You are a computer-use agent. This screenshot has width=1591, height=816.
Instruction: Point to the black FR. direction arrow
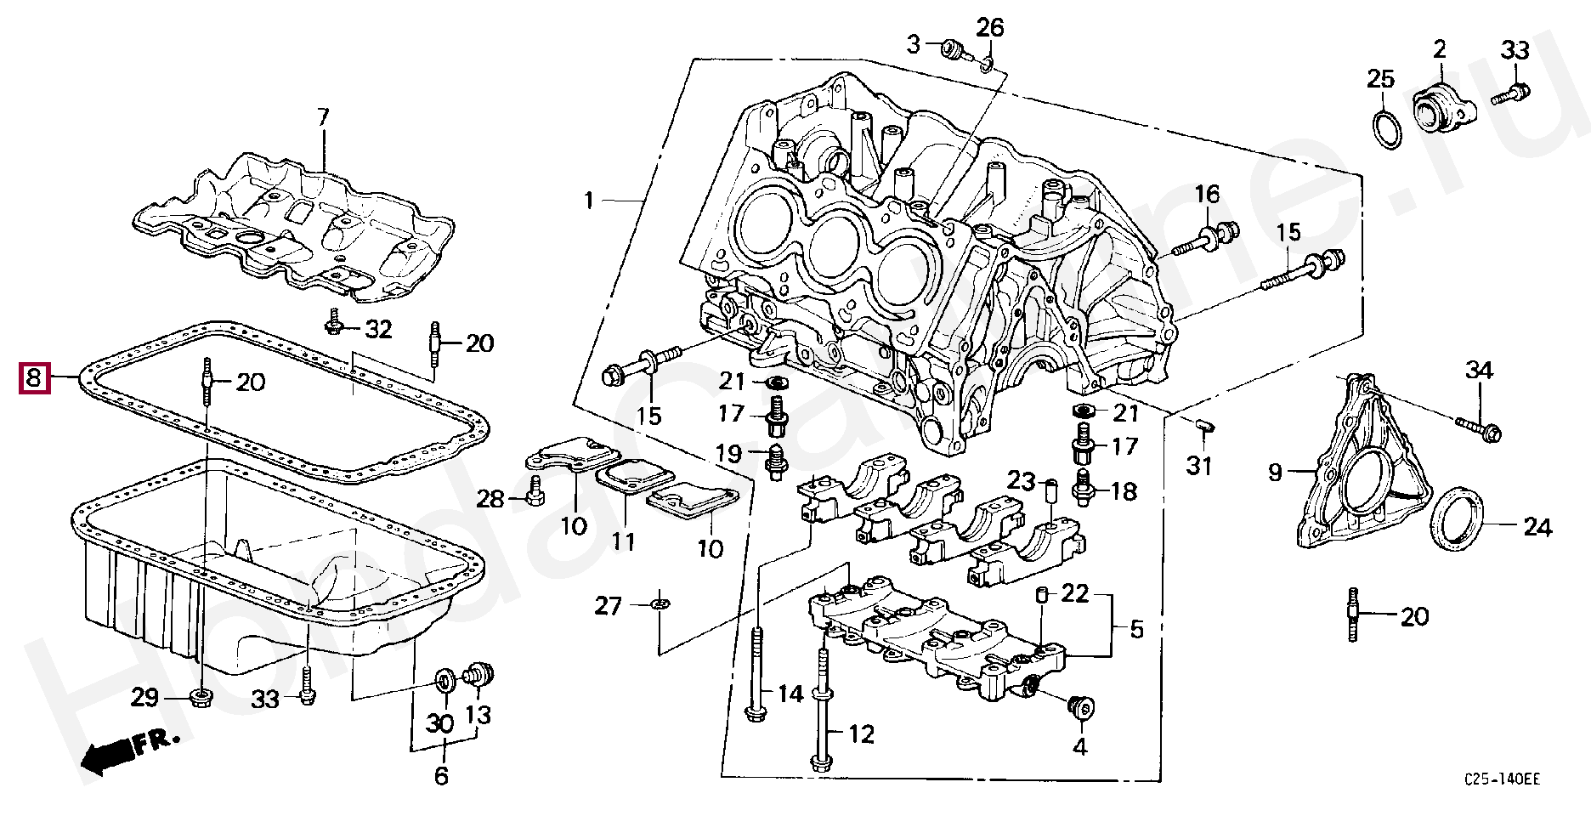click(x=107, y=755)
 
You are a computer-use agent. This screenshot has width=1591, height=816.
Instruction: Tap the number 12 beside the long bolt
click(x=862, y=734)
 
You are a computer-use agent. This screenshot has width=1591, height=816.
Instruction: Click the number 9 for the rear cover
click(x=1275, y=472)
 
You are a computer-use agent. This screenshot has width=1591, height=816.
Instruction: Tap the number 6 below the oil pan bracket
click(x=441, y=775)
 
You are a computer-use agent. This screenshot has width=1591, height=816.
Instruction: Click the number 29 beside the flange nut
click(x=144, y=698)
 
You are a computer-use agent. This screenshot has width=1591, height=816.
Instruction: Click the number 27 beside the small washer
click(x=608, y=606)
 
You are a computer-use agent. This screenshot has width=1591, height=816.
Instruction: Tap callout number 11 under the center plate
click(x=624, y=541)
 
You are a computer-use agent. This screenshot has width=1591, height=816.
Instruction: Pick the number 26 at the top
click(x=989, y=28)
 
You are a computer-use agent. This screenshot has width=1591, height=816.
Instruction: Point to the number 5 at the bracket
click(x=1136, y=629)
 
